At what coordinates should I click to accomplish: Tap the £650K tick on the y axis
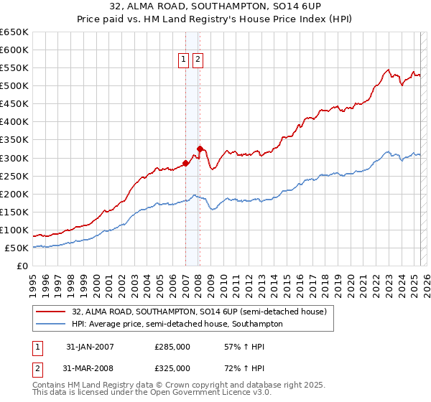(x=14, y=32)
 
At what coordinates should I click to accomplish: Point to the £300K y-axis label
(x=14, y=158)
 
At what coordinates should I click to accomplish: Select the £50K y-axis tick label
(x=17, y=248)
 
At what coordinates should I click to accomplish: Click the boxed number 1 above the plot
(x=184, y=60)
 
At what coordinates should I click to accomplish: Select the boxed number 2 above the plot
(x=198, y=60)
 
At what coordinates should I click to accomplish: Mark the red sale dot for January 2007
(x=185, y=163)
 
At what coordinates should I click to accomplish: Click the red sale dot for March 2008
(x=200, y=149)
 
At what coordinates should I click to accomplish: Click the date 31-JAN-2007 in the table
(x=90, y=347)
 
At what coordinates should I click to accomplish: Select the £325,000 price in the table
(x=172, y=368)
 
